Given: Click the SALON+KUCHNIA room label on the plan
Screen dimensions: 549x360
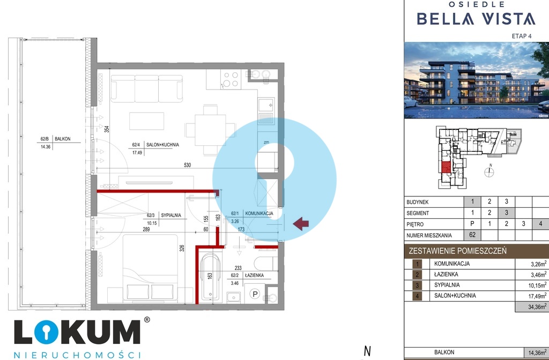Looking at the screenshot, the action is (x=162, y=144).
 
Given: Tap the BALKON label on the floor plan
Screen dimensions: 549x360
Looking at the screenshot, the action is (x=63, y=139).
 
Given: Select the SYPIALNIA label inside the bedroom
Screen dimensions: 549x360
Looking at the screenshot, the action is (x=171, y=215).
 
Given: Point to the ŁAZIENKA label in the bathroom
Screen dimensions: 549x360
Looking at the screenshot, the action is (x=254, y=275).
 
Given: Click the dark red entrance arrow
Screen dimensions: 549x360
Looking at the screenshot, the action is (x=301, y=224).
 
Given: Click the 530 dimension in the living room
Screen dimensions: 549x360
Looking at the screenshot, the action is (x=187, y=165).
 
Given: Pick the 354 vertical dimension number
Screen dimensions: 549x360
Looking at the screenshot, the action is (x=107, y=129).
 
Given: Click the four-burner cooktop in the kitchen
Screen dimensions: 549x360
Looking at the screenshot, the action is (x=231, y=79).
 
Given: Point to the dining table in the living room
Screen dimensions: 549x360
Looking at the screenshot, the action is (x=210, y=130).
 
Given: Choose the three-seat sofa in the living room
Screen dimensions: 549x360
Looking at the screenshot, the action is (x=147, y=89).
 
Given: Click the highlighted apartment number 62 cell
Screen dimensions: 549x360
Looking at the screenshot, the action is (x=472, y=235).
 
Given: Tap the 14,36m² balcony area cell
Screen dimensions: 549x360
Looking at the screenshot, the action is (x=536, y=352).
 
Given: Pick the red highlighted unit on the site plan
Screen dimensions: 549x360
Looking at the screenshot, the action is (x=446, y=167).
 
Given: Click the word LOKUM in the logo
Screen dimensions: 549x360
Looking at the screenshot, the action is (x=77, y=332).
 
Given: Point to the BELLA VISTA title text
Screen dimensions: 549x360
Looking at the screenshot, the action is (x=476, y=19).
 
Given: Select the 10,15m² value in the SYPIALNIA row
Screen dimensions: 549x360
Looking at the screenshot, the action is (x=537, y=285).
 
